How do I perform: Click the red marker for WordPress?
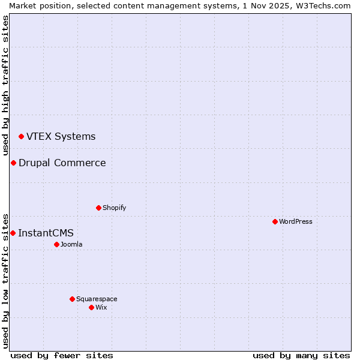(275, 221)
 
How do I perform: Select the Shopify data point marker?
(98, 208)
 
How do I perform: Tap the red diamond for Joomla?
(56, 244)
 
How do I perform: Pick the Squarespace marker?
(72, 299)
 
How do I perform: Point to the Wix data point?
(91, 307)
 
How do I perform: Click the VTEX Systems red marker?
(21, 137)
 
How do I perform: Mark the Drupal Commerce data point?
(13, 163)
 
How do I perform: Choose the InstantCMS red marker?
(13, 233)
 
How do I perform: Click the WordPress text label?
(295, 221)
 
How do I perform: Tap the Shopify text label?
(114, 208)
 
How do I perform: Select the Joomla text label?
(71, 244)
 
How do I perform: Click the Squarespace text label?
(97, 299)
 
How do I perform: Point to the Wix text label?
(101, 307)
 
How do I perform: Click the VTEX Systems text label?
(61, 136)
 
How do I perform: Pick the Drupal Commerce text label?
(62, 163)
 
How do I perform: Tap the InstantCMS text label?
(46, 233)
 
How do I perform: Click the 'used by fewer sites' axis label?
(62, 355)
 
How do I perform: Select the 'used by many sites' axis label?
(301, 355)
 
